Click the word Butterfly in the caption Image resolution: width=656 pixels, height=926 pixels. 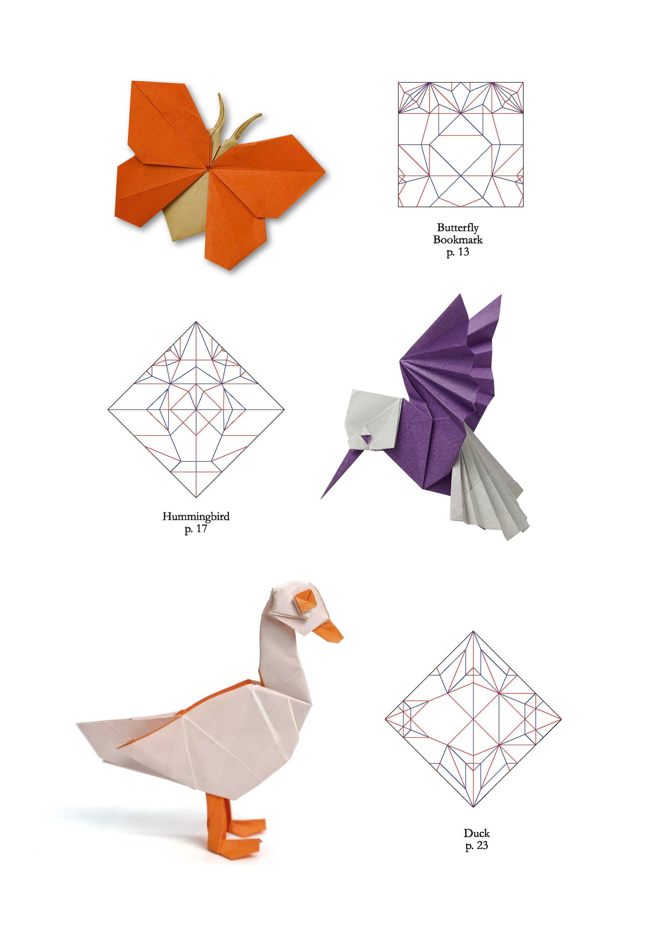pyautogui.click(x=458, y=228)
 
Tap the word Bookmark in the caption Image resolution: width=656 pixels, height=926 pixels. pyautogui.click(x=458, y=239)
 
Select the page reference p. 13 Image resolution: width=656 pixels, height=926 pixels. pyautogui.click(x=458, y=252)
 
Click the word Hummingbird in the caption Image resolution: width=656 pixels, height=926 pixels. pyautogui.click(x=196, y=516)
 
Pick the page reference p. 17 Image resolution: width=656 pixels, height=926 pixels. pyautogui.click(x=196, y=529)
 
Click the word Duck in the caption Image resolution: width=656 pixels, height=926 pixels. pyautogui.click(x=476, y=833)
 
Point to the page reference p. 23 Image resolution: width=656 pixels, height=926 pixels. pyautogui.click(x=476, y=845)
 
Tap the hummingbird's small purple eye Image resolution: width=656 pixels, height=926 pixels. pyautogui.click(x=365, y=438)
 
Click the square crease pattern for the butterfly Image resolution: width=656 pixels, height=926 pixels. pyautogui.click(x=460, y=145)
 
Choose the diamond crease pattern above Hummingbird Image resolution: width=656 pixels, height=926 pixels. pyautogui.click(x=196, y=409)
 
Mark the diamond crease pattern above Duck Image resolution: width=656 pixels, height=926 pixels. pyautogui.click(x=473, y=719)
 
